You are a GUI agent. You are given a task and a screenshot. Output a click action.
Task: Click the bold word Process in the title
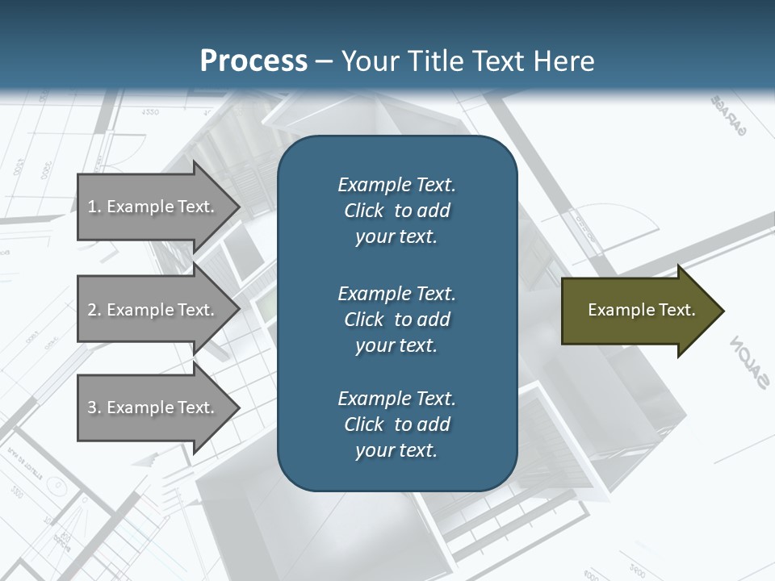coord(253,61)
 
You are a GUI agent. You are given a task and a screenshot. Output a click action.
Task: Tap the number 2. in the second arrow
coord(94,310)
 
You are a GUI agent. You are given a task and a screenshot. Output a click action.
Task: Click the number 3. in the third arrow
coord(94,408)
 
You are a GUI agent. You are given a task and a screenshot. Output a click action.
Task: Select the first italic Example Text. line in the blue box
coord(396,185)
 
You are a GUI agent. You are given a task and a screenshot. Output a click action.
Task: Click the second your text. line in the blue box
coord(396,345)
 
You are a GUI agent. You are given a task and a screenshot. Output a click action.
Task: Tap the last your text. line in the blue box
coord(396,450)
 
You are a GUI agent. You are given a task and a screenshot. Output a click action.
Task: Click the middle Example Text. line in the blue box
coord(396,293)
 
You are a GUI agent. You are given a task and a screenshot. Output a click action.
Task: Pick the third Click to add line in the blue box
coord(396,424)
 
